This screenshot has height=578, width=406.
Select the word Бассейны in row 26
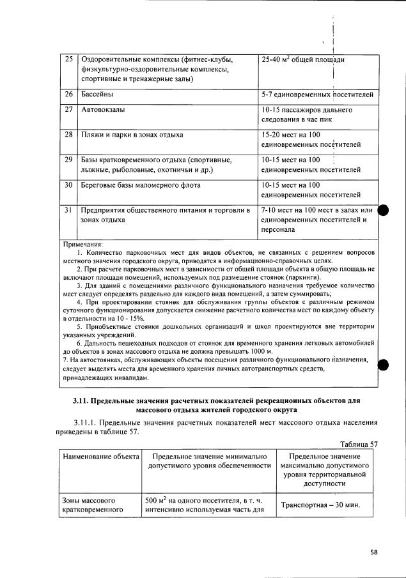[x=98, y=95]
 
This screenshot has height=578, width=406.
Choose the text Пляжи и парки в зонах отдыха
[x=132, y=135]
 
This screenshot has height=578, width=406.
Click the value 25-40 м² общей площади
[x=303, y=59]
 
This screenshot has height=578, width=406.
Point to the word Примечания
[x=84, y=244]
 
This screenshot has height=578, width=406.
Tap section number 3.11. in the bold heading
[x=80, y=400]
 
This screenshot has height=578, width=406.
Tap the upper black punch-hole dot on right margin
[x=384, y=211]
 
